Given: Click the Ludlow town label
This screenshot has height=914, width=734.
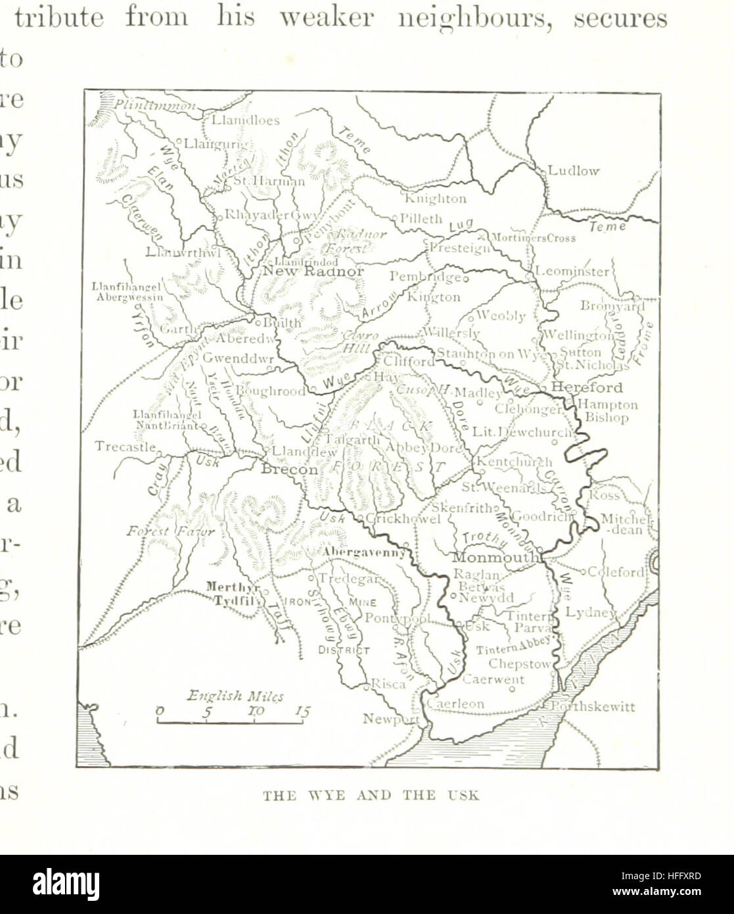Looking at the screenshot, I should (x=573, y=171).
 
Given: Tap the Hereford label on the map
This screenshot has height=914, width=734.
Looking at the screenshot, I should (x=586, y=387).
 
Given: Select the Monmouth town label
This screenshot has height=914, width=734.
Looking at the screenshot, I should (x=495, y=557).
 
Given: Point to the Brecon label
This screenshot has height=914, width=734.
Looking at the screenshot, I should (x=289, y=470).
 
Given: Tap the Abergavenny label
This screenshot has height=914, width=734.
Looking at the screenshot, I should (x=363, y=553).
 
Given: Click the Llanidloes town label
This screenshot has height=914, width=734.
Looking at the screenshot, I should (x=245, y=120).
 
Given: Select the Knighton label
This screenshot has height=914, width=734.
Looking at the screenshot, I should (x=435, y=198).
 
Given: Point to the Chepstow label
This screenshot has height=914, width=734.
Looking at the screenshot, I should (x=519, y=664).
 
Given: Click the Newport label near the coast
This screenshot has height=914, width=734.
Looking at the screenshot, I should (x=390, y=719).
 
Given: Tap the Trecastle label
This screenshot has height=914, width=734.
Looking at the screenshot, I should (x=125, y=446).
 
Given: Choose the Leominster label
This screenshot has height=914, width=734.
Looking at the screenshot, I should (x=572, y=271).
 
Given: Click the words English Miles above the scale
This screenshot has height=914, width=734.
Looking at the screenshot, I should (x=235, y=696).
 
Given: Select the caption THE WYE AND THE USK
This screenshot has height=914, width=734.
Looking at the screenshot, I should (x=371, y=796).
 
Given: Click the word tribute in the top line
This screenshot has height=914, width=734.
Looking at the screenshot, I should (x=59, y=18).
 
